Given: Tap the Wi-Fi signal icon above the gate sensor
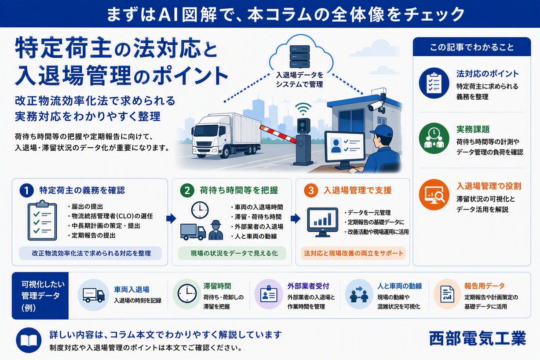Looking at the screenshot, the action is click(303, 109).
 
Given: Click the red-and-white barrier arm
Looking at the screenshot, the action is click(278, 134).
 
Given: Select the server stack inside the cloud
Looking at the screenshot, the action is click(299, 56).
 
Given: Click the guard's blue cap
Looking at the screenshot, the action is click(381, 131).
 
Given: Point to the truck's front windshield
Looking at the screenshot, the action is click(206, 131).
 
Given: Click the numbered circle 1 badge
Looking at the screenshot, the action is click(26, 191).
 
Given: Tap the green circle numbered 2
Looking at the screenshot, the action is click(187, 191).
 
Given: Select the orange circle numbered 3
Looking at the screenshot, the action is click(311, 191).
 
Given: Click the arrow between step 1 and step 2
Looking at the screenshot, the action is click(171, 218).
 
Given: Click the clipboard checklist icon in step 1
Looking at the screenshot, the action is click(42, 220).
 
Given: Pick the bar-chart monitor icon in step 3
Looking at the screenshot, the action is click(323, 222).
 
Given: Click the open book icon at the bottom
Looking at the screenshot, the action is click(29, 340).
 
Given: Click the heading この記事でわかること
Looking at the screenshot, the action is click(472, 47).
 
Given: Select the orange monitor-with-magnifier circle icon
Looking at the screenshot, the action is click(434, 194).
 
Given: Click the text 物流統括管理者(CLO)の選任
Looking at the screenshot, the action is click(112, 216).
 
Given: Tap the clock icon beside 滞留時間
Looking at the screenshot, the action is click(187, 294).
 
